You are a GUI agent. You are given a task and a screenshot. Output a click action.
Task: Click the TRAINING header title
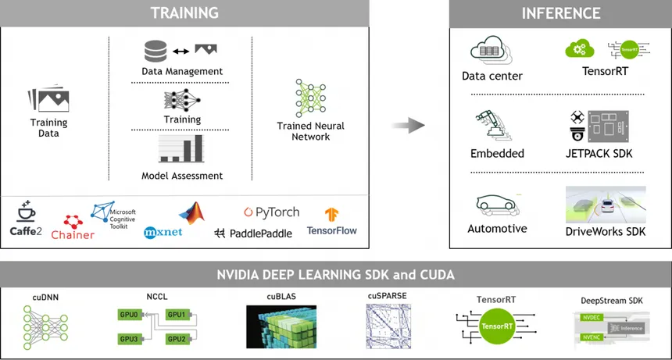[184, 13]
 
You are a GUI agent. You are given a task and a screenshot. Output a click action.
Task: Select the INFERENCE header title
[560, 13]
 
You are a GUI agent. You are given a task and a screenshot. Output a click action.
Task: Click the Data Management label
[181, 71]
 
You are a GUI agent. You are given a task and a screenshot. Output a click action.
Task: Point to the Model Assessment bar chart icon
[181, 148]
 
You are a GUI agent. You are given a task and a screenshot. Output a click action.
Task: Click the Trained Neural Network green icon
[310, 98]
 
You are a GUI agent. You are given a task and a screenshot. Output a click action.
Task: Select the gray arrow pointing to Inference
[408, 125]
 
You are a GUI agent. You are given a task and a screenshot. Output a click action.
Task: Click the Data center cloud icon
[491, 52]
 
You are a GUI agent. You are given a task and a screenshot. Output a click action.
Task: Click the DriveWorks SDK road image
[606, 205]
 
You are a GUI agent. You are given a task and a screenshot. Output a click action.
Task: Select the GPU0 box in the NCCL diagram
[129, 315]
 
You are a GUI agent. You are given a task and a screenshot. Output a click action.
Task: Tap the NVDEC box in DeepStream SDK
[590, 318]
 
